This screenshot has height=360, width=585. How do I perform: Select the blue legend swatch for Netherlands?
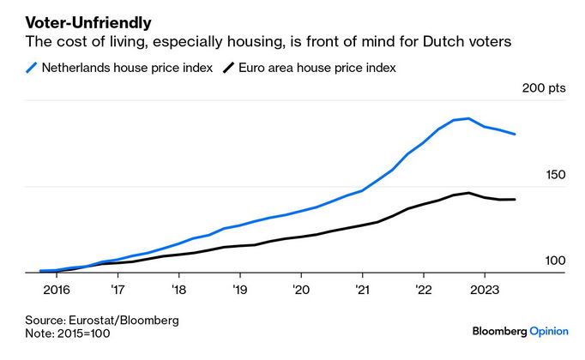(x=32, y=68)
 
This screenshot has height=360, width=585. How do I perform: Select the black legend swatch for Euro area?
(x=228, y=68)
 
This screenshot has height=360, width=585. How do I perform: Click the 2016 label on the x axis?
(x=57, y=289)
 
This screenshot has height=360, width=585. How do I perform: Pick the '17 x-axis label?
(x=116, y=289)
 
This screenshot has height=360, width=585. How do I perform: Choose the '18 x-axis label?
(x=178, y=289)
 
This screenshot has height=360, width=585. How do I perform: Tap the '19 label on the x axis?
(x=238, y=289)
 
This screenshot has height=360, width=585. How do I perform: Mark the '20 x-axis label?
(x=299, y=289)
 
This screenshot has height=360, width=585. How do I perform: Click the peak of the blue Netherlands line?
(x=467, y=118)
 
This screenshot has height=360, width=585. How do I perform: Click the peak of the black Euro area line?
(x=468, y=193)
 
